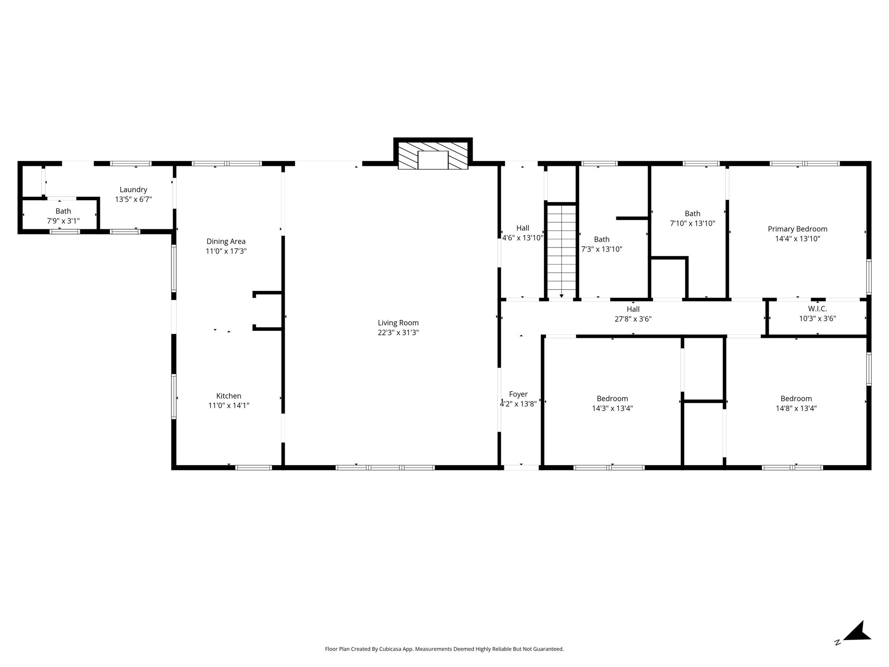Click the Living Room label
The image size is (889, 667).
(x=398, y=323)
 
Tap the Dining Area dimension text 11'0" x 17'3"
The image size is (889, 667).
(x=226, y=251)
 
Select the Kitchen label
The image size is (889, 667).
(x=229, y=396)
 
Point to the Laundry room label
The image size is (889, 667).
(x=133, y=190)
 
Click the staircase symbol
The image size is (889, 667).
(x=561, y=251)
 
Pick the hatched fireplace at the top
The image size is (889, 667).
(x=433, y=154)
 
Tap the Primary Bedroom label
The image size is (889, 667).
(x=797, y=229)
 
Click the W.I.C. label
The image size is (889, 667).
(x=817, y=309)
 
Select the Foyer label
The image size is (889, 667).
(x=518, y=394)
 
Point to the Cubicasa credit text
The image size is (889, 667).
(x=444, y=649)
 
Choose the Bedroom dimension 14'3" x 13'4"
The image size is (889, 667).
(x=612, y=408)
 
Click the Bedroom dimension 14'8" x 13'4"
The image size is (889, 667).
(x=796, y=408)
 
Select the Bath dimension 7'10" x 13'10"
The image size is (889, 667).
(x=692, y=223)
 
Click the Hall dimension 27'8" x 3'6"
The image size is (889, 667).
(x=633, y=319)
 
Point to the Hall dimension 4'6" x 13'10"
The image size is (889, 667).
(x=523, y=238)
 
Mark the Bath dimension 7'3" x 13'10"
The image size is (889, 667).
(x=602, y=249)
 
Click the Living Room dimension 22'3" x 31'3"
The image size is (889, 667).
(x=398, y=333)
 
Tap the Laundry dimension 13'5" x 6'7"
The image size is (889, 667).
(x=133, y=200)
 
